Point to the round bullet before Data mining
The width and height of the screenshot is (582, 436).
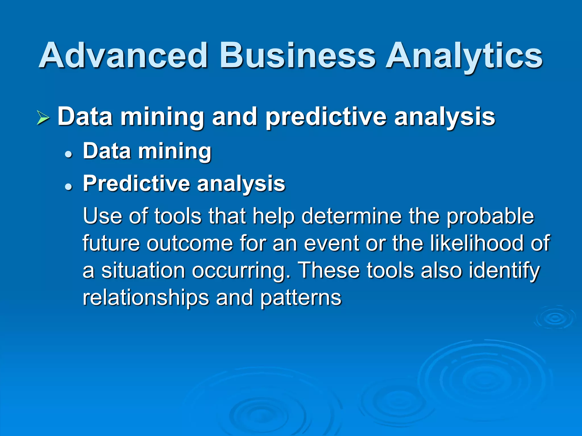click(x=68, y=155)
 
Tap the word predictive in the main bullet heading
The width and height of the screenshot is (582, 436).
click(x=326, y=117)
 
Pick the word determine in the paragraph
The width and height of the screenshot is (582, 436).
click(x=351, y=216)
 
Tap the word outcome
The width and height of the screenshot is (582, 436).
click(x=190, y=244)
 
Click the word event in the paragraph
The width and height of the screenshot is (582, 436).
click(x=332, y=244)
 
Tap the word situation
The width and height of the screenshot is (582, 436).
click(x=143, y=271)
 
